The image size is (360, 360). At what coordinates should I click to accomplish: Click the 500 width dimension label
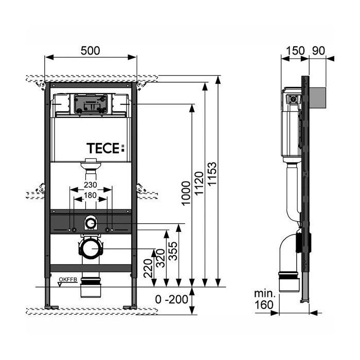(x=91, y=50)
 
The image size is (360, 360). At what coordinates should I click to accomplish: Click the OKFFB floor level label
(x=68, y=279)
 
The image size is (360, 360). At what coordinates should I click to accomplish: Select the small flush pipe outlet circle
(x=91, y=223)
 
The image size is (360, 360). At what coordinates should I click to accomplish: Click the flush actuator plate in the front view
(x=91, y=104)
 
